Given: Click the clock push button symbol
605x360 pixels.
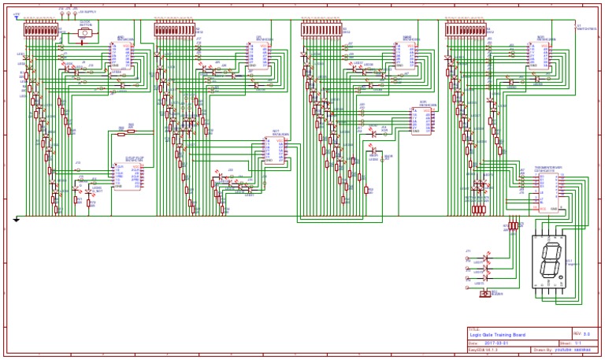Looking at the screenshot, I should click(84, 33).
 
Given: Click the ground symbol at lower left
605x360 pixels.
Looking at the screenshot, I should click(17, 220).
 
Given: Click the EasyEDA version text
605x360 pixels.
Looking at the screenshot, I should click(482, 350).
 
